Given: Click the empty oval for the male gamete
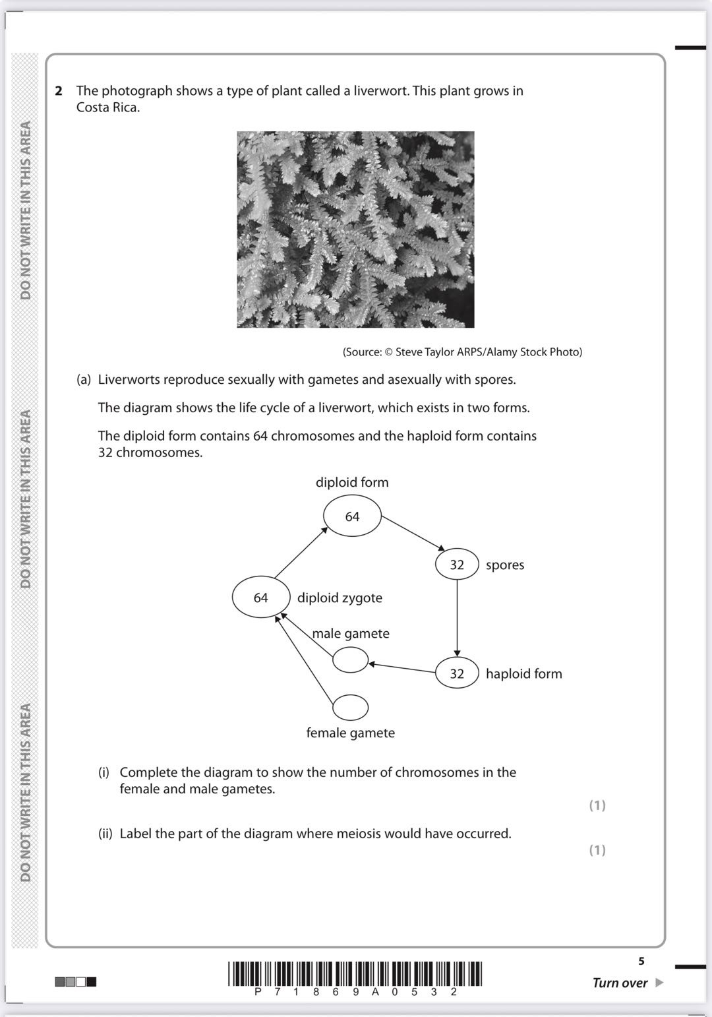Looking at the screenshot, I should tap(350, 660).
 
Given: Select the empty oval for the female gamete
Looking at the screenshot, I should tap(350, 707).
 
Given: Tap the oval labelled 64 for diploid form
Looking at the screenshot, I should tap(352, 516).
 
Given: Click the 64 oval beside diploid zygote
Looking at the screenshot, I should tap(261, 598).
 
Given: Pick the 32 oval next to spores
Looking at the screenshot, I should tap(457, 565).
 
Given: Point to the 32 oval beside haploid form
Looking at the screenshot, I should tap(457, 673).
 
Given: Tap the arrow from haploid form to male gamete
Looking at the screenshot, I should tap(402, 667).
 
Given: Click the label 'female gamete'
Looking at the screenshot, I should tap(350, 733).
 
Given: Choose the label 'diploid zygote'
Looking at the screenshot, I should tap(340, 598).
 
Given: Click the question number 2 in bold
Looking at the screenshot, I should tap(59, 91).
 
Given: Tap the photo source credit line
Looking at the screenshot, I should tap(462, 352).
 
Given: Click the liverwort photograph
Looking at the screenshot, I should tap(355, 230).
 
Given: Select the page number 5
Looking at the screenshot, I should tap(641, 961).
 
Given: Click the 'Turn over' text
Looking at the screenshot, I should tap(620, 983).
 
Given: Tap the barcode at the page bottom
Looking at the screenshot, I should tap(355, 974).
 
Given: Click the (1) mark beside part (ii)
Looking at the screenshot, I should tap(597, 850).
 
